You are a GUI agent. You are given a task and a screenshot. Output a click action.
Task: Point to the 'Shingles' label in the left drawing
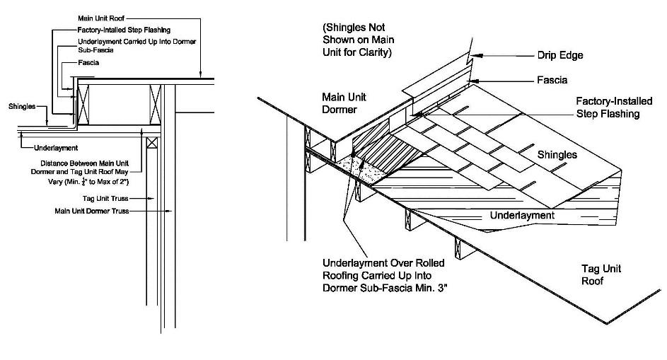(x=21, y=107)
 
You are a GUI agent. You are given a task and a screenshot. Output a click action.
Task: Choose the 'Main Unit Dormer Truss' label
(x=91, y=211)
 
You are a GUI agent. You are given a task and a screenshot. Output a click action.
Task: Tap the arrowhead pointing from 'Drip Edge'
(x=477, y=54)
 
